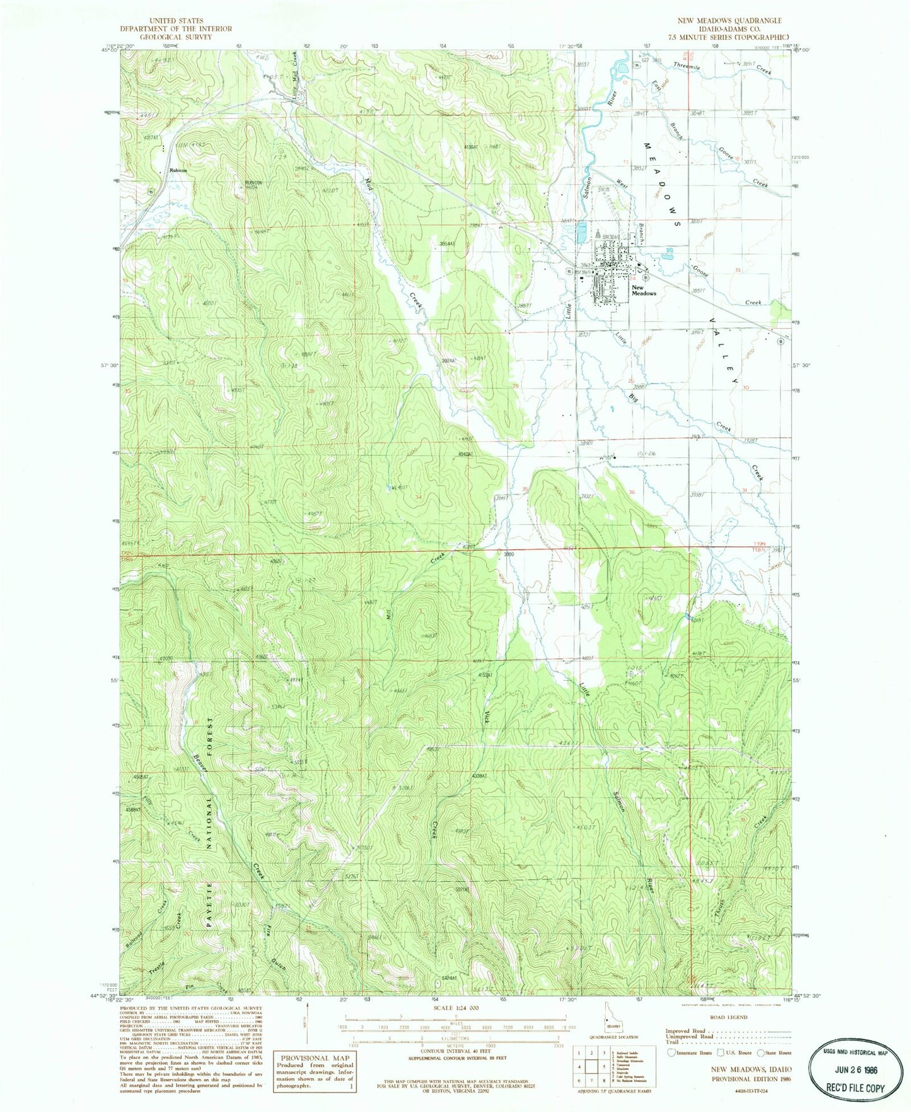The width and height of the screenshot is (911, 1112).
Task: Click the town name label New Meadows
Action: (x=644, y=290)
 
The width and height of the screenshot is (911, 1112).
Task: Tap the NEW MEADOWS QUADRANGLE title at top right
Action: (x=731, y=21)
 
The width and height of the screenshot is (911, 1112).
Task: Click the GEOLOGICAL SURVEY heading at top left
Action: (x=176, y=37)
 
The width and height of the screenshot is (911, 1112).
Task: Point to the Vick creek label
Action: (x=487, y=715)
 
